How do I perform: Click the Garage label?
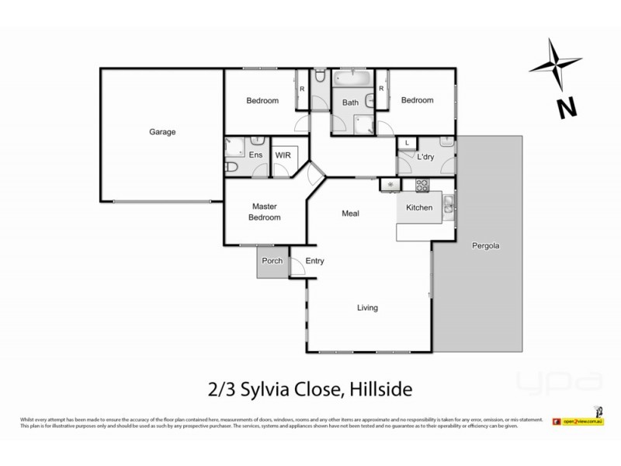(x=162, y=132)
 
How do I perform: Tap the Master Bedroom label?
(x=265, y=212)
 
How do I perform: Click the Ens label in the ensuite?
(x=255, y=155)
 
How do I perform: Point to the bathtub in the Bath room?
(x=352, y=79)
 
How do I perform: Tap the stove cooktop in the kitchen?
(x=422, y=186)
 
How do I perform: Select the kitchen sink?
(x=449, y=206)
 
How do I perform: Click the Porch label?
(x=272, y=261)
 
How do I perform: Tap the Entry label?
(x=314, y=261)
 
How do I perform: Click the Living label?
(x=367, y=308)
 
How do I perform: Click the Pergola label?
(x=486, y=246)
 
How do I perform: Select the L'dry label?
(x=425, y=157)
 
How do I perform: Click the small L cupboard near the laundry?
(x=407, y=142)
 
